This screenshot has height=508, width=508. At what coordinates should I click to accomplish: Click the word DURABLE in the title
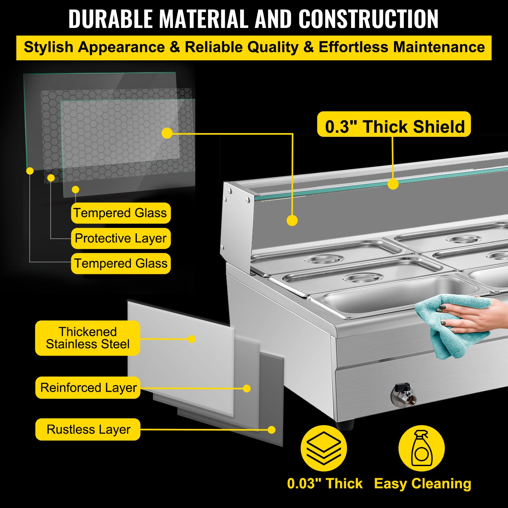(x=110, y=19)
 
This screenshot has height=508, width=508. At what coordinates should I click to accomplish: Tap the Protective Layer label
(x=121, y=238)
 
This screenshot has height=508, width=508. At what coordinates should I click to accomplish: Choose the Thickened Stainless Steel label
(x=88, y=338)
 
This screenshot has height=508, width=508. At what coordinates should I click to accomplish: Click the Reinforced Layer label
(x=88, y=388)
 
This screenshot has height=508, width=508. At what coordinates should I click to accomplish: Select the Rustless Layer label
(x=88, y=430)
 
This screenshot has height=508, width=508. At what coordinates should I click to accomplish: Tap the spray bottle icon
(x=421, y=448)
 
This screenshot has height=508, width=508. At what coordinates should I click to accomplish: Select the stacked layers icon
(x=324, y=448)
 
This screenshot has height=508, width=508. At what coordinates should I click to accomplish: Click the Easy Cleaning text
(x=423, y=484)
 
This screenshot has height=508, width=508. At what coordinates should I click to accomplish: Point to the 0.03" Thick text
(x=324, y=484)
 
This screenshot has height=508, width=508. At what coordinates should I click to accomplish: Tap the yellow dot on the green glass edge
(x=393, y=184)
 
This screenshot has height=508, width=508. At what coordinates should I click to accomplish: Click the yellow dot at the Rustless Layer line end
(x=271, y=430)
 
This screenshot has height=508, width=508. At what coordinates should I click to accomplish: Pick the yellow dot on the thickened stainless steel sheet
(x=191, y=339)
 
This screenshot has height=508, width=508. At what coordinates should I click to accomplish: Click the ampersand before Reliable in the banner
(x=175, y=47)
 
